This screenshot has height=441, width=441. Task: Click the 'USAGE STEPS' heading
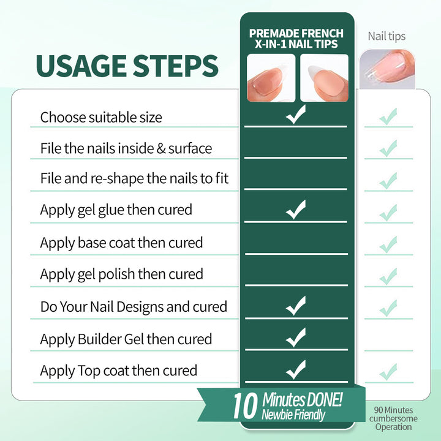[x=127, y=66]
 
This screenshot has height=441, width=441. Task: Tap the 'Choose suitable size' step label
[x=101, y=117]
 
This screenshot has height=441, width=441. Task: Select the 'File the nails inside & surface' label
[x=126, y=148]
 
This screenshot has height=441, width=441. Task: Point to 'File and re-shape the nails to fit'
[x=134, y=179]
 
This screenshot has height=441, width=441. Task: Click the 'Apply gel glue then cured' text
[x=116, y=210]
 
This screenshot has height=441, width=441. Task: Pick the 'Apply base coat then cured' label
[x=121, y=243]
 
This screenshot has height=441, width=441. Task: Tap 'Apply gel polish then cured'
[x=121, y=274]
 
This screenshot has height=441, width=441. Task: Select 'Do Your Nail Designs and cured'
[x=134, y=307]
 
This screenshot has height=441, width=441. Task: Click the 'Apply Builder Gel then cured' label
[x=126, y=339]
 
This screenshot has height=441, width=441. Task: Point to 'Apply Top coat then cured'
[x=119, y=371]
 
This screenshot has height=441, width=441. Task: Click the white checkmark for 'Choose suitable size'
[x=296, y=115]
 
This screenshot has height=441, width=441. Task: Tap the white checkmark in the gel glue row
[x=296, y=209]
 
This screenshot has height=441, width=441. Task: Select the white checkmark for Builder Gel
[x=296, y=337]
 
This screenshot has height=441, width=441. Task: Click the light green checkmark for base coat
[x=388, y=244]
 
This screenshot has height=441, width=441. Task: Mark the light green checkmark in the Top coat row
[x=388, y=372]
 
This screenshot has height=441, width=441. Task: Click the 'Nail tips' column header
[x=386, y=36]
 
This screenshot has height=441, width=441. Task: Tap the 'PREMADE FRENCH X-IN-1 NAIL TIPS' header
[x=296, y=39]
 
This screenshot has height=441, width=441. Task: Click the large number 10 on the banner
[x=245, y=405]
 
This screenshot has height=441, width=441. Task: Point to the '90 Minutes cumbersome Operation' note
[x=393, y=418]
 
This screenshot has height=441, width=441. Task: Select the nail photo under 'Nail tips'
[x=387, y=69]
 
